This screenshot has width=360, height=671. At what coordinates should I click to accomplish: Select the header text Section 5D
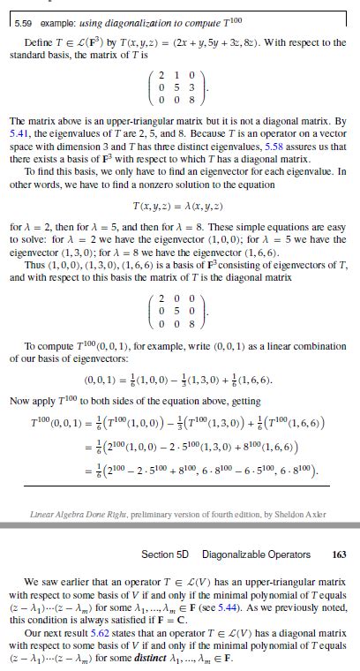tap(162, 554)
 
